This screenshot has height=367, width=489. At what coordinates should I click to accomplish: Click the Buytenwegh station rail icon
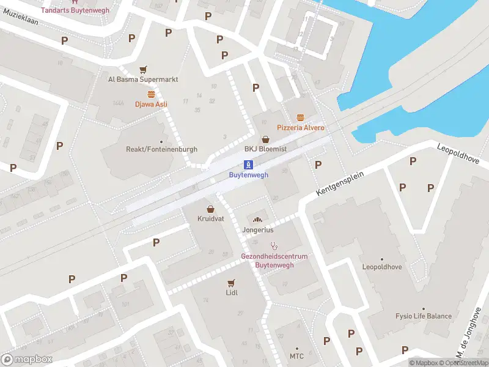click(248, 164)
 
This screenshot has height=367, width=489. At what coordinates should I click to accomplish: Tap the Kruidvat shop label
click(210, 218)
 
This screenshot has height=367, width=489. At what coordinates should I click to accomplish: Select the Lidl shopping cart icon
click(231, 283)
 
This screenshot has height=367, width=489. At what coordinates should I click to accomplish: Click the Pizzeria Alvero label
click(300, 128)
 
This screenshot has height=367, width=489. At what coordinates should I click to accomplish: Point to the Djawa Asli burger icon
click(151, 94)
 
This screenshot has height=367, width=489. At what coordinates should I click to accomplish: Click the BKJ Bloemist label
click(265, 149)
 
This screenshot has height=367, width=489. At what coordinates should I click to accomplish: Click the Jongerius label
click(257, 231)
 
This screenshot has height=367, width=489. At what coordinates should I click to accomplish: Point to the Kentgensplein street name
click(340, 183)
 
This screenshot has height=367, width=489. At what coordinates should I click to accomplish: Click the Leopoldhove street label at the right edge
click(462, 156)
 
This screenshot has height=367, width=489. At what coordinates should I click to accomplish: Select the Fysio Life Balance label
click(423, 316)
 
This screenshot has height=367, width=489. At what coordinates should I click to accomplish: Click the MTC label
click(296, 356)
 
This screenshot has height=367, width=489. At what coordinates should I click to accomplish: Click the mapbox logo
click(27, 360)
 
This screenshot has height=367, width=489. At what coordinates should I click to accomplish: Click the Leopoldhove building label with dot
click(383, 267)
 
